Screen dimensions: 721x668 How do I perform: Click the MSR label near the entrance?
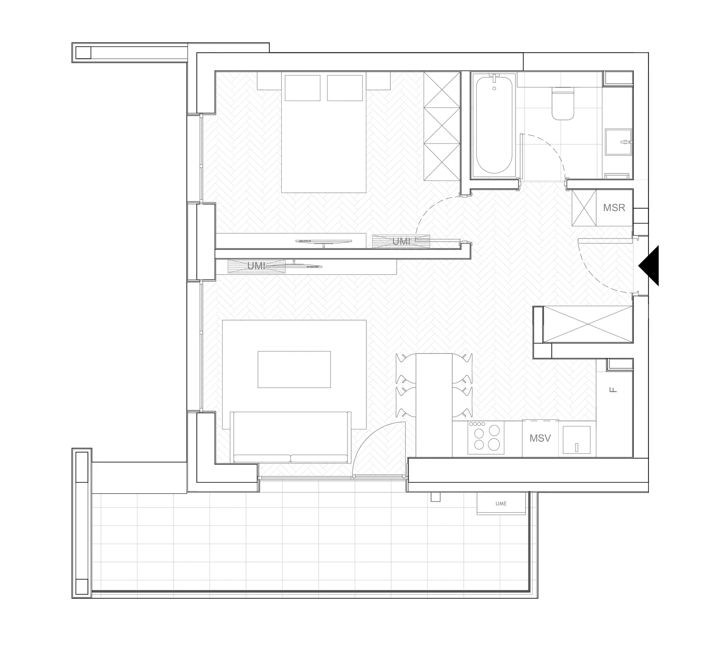[x=614, y=207]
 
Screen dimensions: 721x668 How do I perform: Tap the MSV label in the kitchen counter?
[x=540, y=438]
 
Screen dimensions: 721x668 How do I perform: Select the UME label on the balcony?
[x=501, y=503]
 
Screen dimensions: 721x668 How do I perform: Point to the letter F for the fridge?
[x=613, y=390]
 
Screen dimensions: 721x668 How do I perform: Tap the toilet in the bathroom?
[x=563, y=104]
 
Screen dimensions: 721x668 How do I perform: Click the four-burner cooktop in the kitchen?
[x=486, y=437]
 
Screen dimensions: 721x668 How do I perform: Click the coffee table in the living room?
[x=294, y=369]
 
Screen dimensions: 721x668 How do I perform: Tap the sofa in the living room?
[x=291, y=437]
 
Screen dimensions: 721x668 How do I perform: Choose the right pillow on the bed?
[x=345, y=88]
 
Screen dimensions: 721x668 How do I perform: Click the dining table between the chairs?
[x=434, y=405]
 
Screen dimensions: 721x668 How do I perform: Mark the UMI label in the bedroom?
[x=401, y=241]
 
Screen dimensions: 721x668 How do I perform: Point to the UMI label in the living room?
[x=256, y=266]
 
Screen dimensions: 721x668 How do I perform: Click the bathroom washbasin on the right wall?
[x=619, y=142]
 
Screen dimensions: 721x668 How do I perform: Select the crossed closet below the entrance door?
[x=588, y=324]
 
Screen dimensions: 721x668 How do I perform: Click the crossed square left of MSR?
[x=584, y=208]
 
